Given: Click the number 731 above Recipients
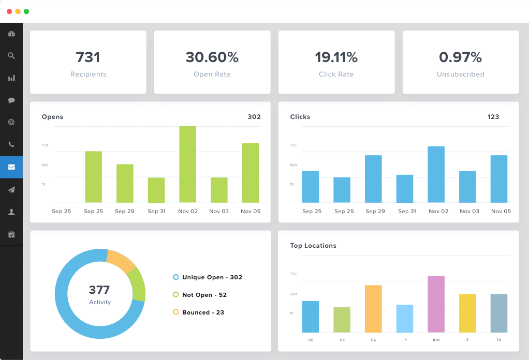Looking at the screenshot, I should tap(88, 57).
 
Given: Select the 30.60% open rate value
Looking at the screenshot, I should tap(212, 57).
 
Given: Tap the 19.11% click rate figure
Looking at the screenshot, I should tap(336, 57).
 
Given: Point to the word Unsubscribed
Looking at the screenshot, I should tap(461, 74).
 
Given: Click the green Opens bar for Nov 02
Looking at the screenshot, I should tap(188, 164).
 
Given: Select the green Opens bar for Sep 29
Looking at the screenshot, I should tap(125, 183).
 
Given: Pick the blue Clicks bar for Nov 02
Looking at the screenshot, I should tap(436, 174).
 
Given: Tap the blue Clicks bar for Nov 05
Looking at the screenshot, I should tap(499, 178).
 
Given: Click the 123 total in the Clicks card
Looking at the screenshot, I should tap(493, 117).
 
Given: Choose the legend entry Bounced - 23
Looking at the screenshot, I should tap(203, 312).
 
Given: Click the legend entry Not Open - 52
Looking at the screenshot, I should tap(204, 295).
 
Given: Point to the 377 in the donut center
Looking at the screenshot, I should tap(99, 290).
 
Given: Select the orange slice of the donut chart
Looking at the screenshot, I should tap(120, 261).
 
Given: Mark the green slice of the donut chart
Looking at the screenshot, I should tap(137, 284).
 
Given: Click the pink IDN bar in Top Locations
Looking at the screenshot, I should tap(436, 304).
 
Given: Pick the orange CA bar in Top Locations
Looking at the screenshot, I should tap(373, 309).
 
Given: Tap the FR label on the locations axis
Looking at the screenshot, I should tap(499, 340).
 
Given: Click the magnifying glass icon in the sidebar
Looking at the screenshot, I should tap(11, 56).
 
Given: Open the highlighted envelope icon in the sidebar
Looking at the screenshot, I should tap(11, 167).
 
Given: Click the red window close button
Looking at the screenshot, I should tap(9, 11).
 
